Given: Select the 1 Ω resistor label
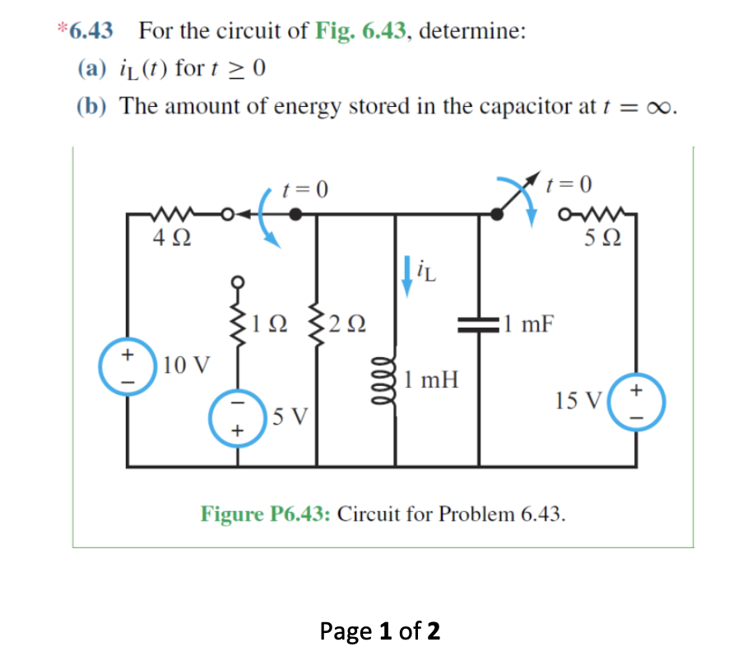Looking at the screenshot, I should pos(271,324).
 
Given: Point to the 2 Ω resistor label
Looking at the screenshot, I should pos(346,324).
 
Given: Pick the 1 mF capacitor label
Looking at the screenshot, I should pos(530,323).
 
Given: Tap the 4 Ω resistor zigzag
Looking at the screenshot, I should pos(173,217).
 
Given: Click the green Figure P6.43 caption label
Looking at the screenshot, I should pos(266,514).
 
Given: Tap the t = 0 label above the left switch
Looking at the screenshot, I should pos(304,189).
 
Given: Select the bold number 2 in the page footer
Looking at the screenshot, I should pos(432,631).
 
